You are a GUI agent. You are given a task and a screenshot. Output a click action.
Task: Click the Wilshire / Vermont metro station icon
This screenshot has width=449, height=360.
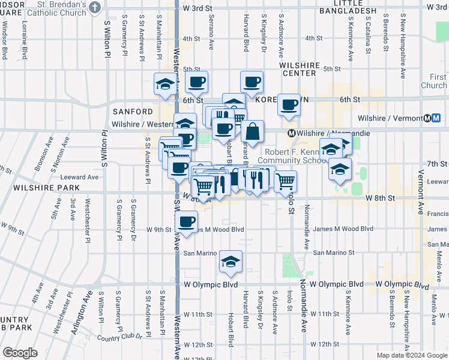point(430,118)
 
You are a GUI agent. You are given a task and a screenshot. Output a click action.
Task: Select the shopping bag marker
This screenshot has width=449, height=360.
point(254,131)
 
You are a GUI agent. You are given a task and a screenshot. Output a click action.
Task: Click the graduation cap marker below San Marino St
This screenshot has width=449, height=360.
point(230,262)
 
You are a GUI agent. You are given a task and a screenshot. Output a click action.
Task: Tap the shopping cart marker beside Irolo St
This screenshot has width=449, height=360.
point(286,181)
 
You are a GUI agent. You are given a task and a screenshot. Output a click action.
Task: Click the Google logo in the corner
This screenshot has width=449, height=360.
point(20,352)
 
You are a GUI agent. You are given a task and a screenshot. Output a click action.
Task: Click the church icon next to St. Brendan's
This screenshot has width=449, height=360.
point(95,7)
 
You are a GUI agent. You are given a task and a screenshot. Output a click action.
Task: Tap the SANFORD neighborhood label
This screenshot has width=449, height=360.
point(133,112)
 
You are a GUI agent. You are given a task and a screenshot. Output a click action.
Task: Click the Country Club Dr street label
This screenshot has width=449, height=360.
point(116,338)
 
